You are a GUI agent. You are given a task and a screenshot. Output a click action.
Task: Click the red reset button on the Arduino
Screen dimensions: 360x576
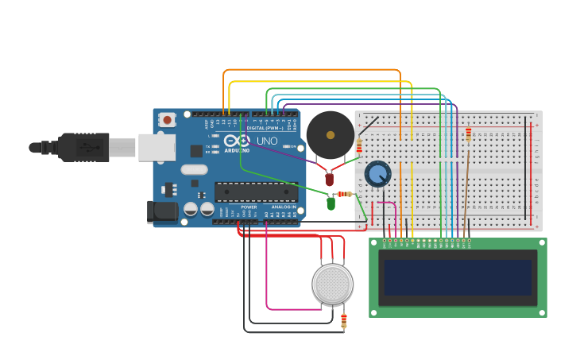tap(167, 120)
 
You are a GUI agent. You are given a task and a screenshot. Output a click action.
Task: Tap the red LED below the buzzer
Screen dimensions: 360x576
tap(330, 180)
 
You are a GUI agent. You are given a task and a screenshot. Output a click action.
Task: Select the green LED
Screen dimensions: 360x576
tap(331, 203)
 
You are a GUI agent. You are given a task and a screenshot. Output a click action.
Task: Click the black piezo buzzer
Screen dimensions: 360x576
tap(331, 134)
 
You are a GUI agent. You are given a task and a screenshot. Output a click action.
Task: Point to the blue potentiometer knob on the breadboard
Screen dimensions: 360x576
tap(377, 173)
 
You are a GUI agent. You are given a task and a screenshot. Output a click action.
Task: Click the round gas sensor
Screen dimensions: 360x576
tap(332, 284)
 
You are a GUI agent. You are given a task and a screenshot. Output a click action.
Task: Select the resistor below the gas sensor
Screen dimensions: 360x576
tap(344, 319)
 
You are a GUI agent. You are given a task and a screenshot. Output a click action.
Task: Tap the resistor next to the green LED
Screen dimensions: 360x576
tap(345, 194)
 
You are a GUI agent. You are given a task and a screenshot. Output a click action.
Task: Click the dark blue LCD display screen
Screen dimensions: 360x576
tap(458, 277)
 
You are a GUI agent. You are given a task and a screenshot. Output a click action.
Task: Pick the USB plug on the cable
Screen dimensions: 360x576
tap(83, 147)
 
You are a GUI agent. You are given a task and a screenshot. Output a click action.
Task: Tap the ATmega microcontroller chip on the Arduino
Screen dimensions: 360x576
tap(256, 192)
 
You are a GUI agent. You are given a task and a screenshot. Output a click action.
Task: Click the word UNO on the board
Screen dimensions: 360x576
tap(267, 141)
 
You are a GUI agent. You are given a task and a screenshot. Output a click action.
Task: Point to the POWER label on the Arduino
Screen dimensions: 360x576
tap(249, 207)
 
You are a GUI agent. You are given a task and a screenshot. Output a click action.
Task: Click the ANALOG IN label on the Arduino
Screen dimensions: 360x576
tap(284, 207)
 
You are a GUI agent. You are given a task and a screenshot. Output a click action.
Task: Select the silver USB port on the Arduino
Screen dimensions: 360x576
tap(157, 147)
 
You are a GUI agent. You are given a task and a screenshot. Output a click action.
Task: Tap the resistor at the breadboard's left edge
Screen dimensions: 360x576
tap(359, 146)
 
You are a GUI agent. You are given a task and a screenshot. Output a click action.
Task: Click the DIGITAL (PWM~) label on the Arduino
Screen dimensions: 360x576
tap(265, 127)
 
